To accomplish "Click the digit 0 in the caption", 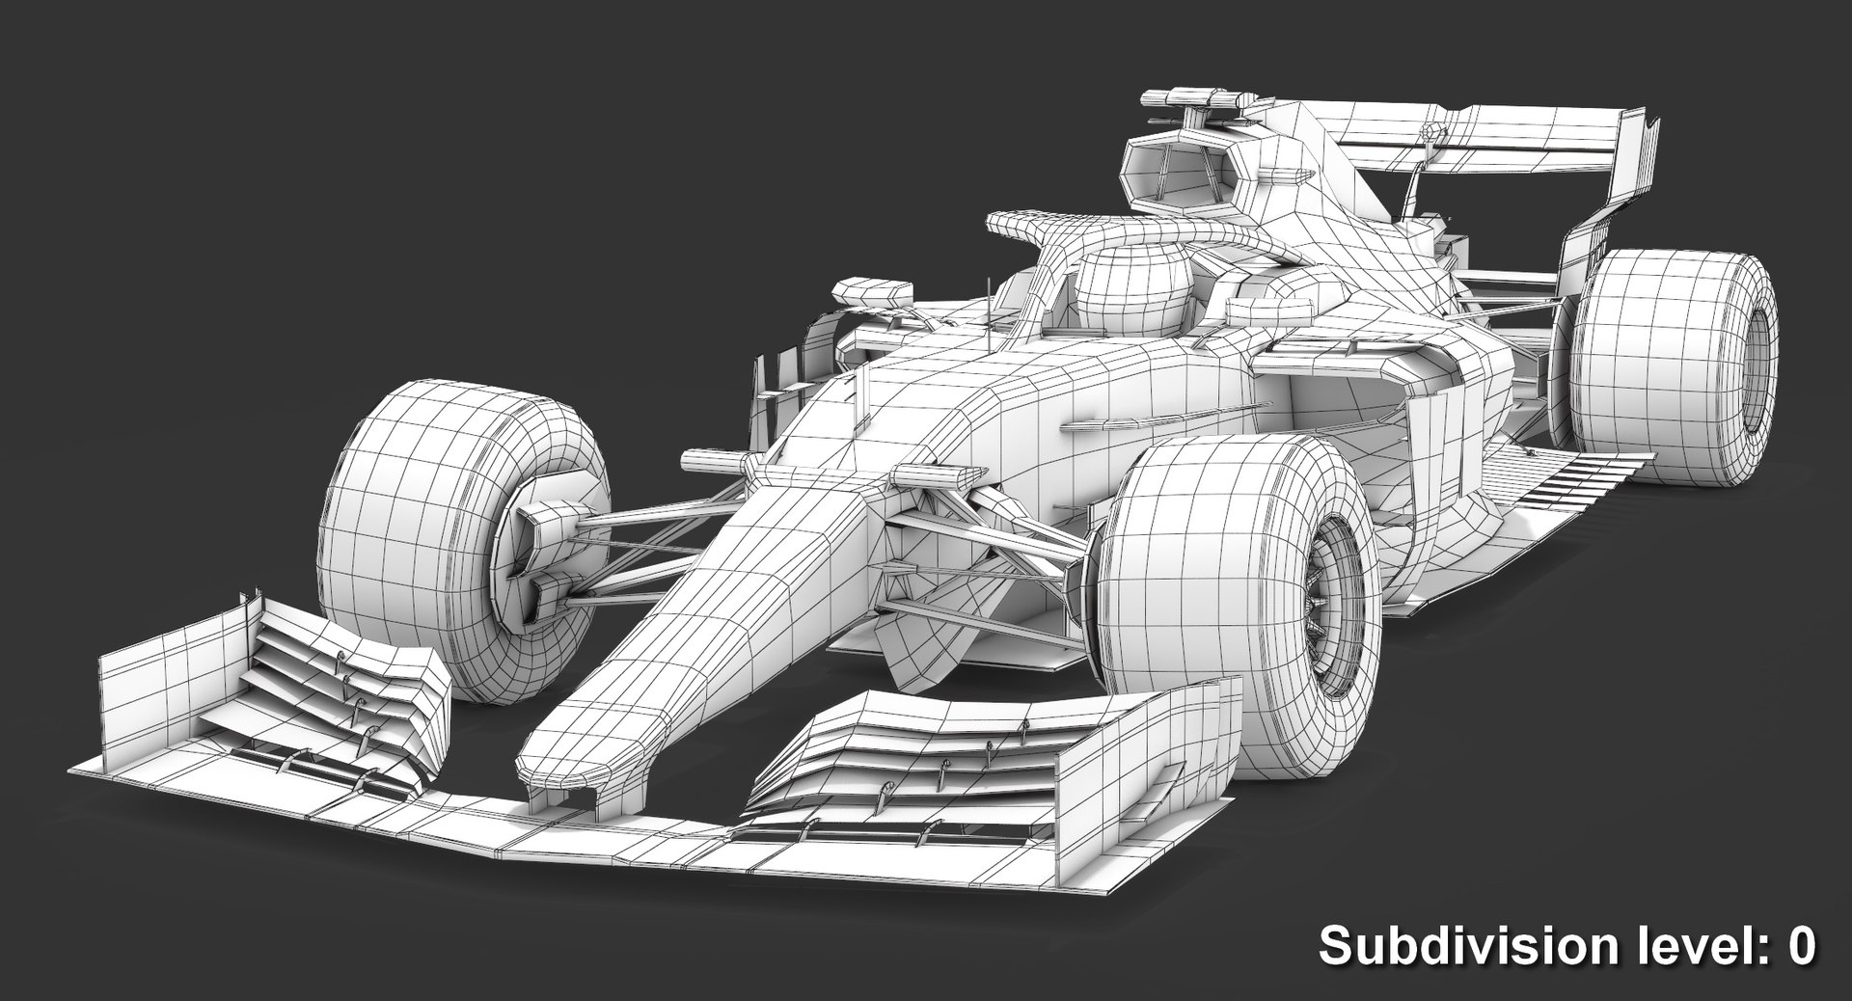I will click(1801, 946).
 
